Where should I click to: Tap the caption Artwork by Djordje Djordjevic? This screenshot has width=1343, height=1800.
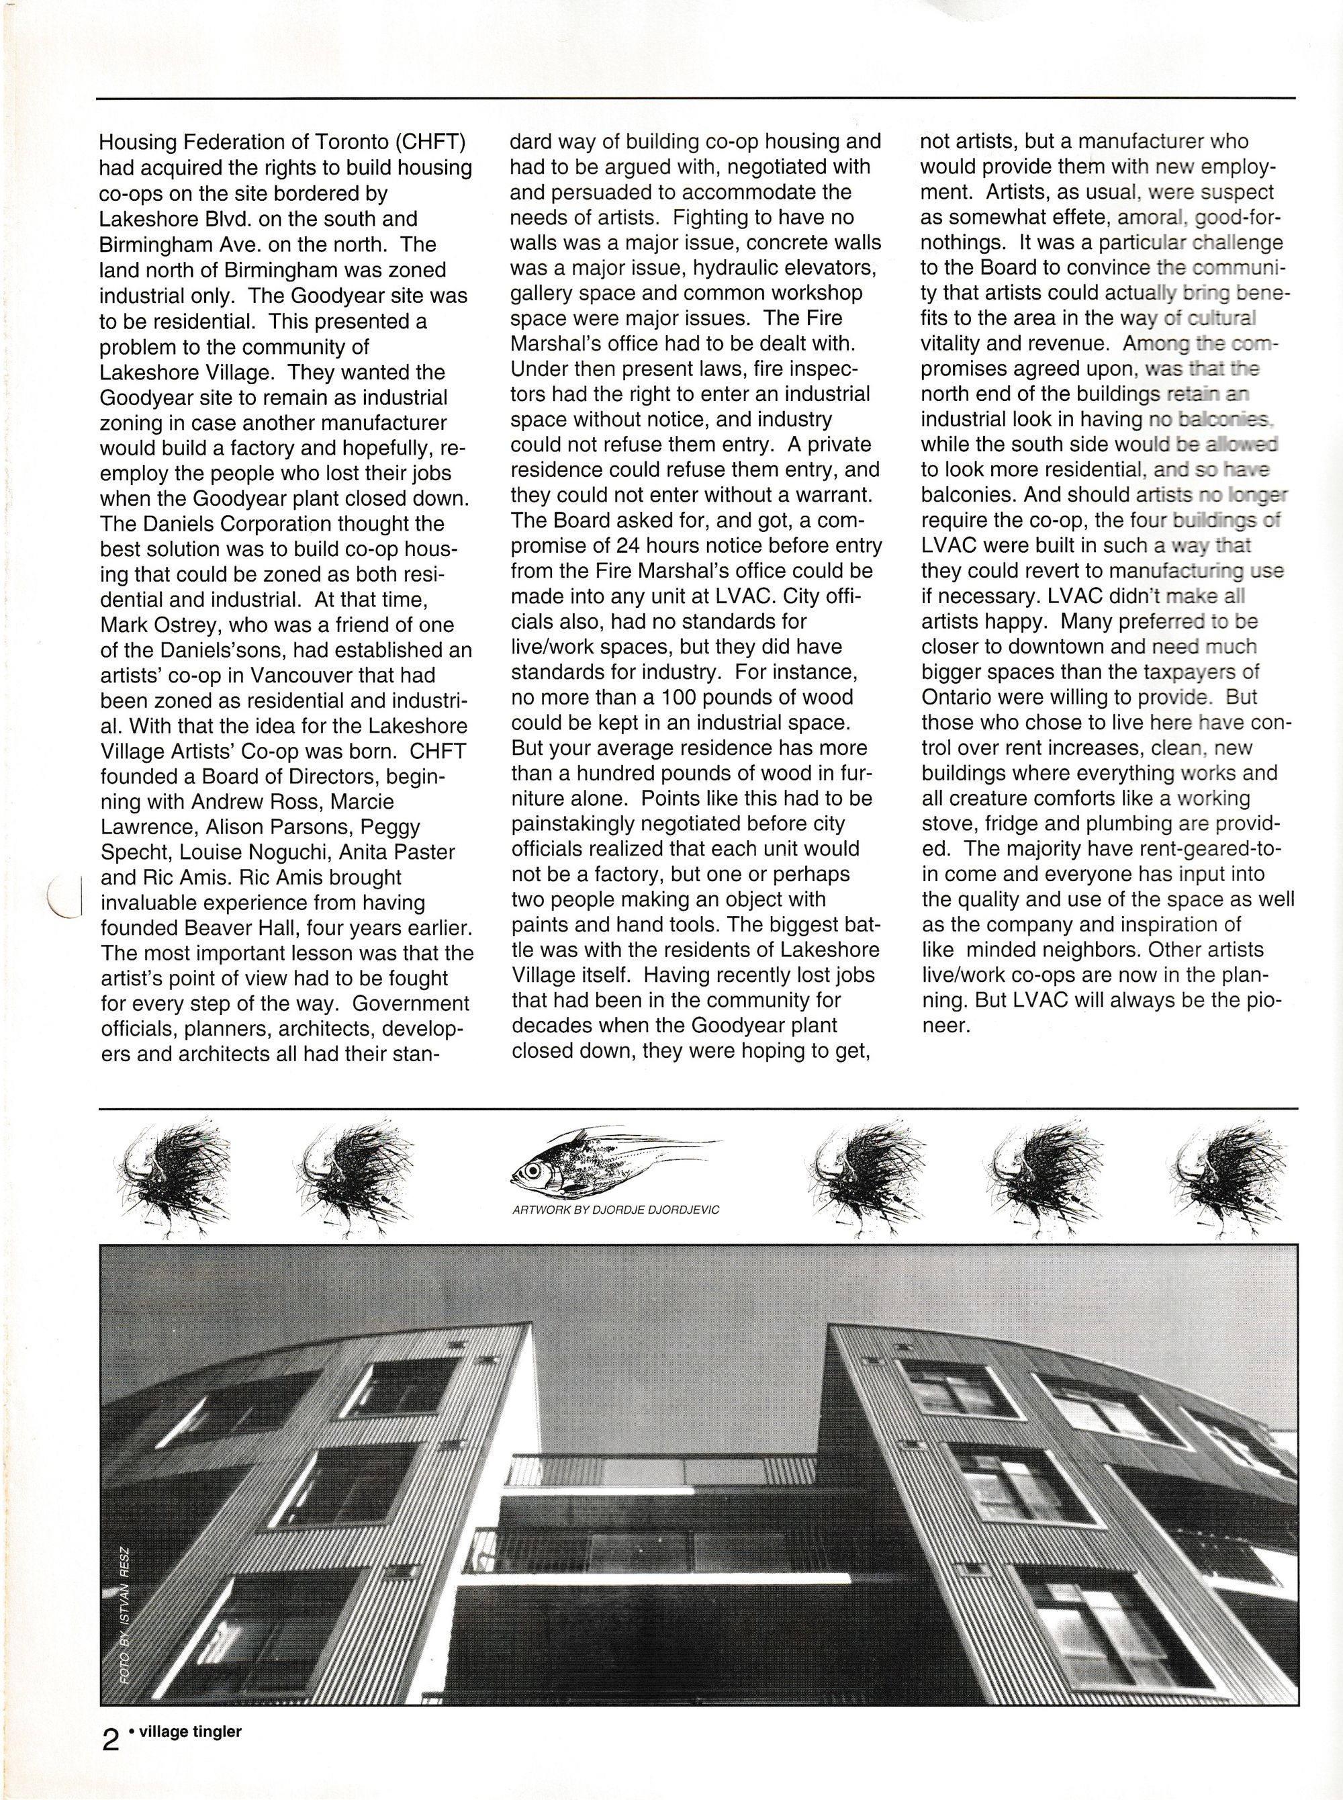click(615, 1210)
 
